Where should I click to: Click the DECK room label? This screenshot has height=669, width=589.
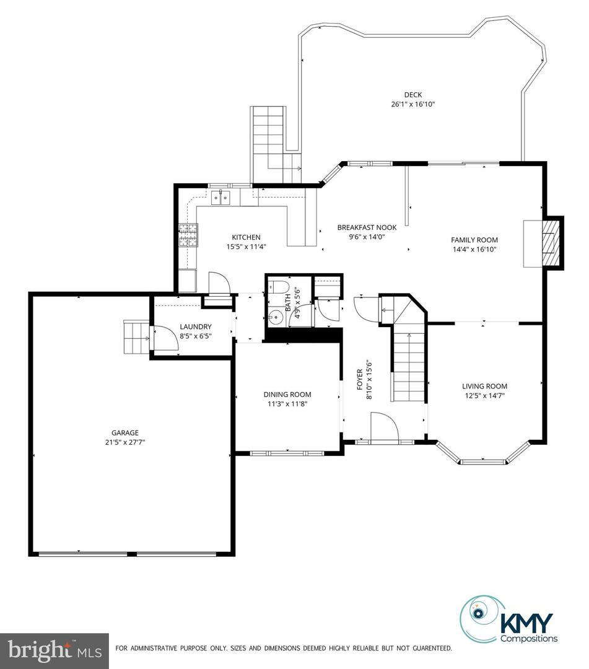pos(413,95)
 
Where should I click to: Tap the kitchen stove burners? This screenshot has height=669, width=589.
pos(188,235)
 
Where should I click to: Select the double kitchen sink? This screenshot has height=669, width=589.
pos(220,198)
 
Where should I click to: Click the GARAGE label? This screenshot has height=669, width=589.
pos(125,432)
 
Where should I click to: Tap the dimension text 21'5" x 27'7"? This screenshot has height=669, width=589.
pos(125,442)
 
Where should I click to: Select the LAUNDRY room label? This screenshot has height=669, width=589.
pos(196,327)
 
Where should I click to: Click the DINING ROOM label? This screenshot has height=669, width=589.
pos(287,395)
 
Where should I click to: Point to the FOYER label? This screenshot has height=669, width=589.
pos(360,379)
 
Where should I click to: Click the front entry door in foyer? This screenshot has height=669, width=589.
pos(384,427)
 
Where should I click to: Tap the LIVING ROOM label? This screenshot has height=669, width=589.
pos(484,386)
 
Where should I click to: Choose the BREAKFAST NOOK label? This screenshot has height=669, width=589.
pos(367,227)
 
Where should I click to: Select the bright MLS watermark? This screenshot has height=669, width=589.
pos(55,650)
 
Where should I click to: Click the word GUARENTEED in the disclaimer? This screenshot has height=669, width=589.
pos(429,649)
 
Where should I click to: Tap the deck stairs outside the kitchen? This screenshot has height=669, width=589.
pos(275,144)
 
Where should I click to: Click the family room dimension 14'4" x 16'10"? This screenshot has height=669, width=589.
pos(474,250)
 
